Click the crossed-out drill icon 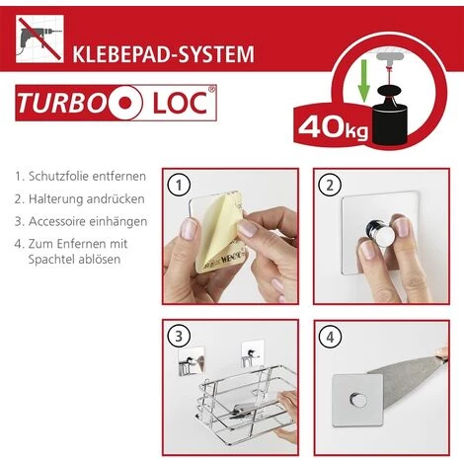39,39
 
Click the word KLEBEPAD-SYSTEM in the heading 163,54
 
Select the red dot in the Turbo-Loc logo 125,103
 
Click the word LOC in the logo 181,103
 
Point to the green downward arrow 363,80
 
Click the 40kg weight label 333,128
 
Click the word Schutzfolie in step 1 58,177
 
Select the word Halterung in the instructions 55,199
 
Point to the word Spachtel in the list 50,260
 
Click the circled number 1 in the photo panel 179,186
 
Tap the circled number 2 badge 330,186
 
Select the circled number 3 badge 179,337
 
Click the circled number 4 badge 330,337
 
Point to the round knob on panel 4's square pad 358,399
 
